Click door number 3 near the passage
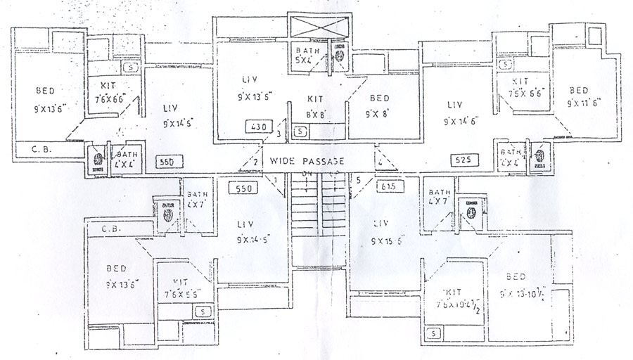click(279, 134)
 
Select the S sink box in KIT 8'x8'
click(300, 131)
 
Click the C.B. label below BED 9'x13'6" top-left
click(39, 148)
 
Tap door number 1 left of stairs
click(275, 180)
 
